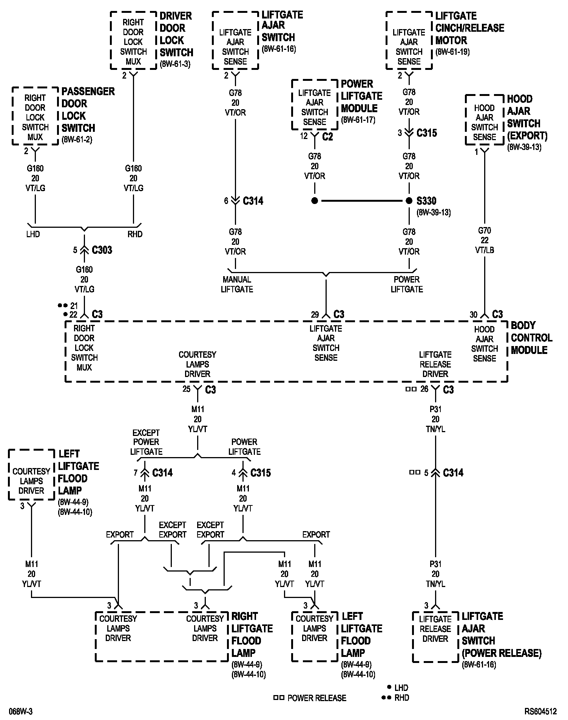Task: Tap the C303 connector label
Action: pos(102,250)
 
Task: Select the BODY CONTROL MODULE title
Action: pos(531,338)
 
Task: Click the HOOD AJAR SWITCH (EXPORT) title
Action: pos(527,117)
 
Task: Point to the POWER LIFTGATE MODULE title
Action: pos(361,96)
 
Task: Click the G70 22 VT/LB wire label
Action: pos(485,240)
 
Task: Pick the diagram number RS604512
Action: pos(540,711)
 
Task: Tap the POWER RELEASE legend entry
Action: pos(316,698)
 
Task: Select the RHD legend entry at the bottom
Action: pos(401,697)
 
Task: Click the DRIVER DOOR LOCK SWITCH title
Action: pos(176,34)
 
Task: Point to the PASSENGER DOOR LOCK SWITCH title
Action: pos(88,110)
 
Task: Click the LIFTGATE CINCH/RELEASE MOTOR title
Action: pos(469,28)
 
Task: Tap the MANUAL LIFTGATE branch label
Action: pos(237,284)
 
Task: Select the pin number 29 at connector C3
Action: pos(315,314)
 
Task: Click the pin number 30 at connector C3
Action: pos(474,314)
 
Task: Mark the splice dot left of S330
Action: pos(315,201)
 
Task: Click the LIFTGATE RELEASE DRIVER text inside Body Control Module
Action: pos(435,364)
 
